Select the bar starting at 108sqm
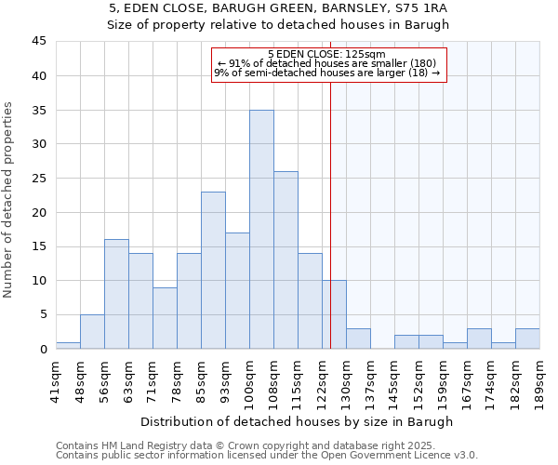[286, 259]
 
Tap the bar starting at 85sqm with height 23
[213, 270]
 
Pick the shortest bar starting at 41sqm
[68, 345]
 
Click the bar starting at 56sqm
[116, 294]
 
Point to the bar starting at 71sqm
[165, 318]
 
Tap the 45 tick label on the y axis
[38, 42]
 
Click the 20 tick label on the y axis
[38, 212]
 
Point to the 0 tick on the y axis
[42, 349]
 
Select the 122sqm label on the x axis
[322, 379]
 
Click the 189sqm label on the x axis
[539, 379]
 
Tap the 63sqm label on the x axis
[128, 378]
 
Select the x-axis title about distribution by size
[297, 421]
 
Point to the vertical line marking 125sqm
[330, 232]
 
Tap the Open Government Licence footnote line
[266, 456]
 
